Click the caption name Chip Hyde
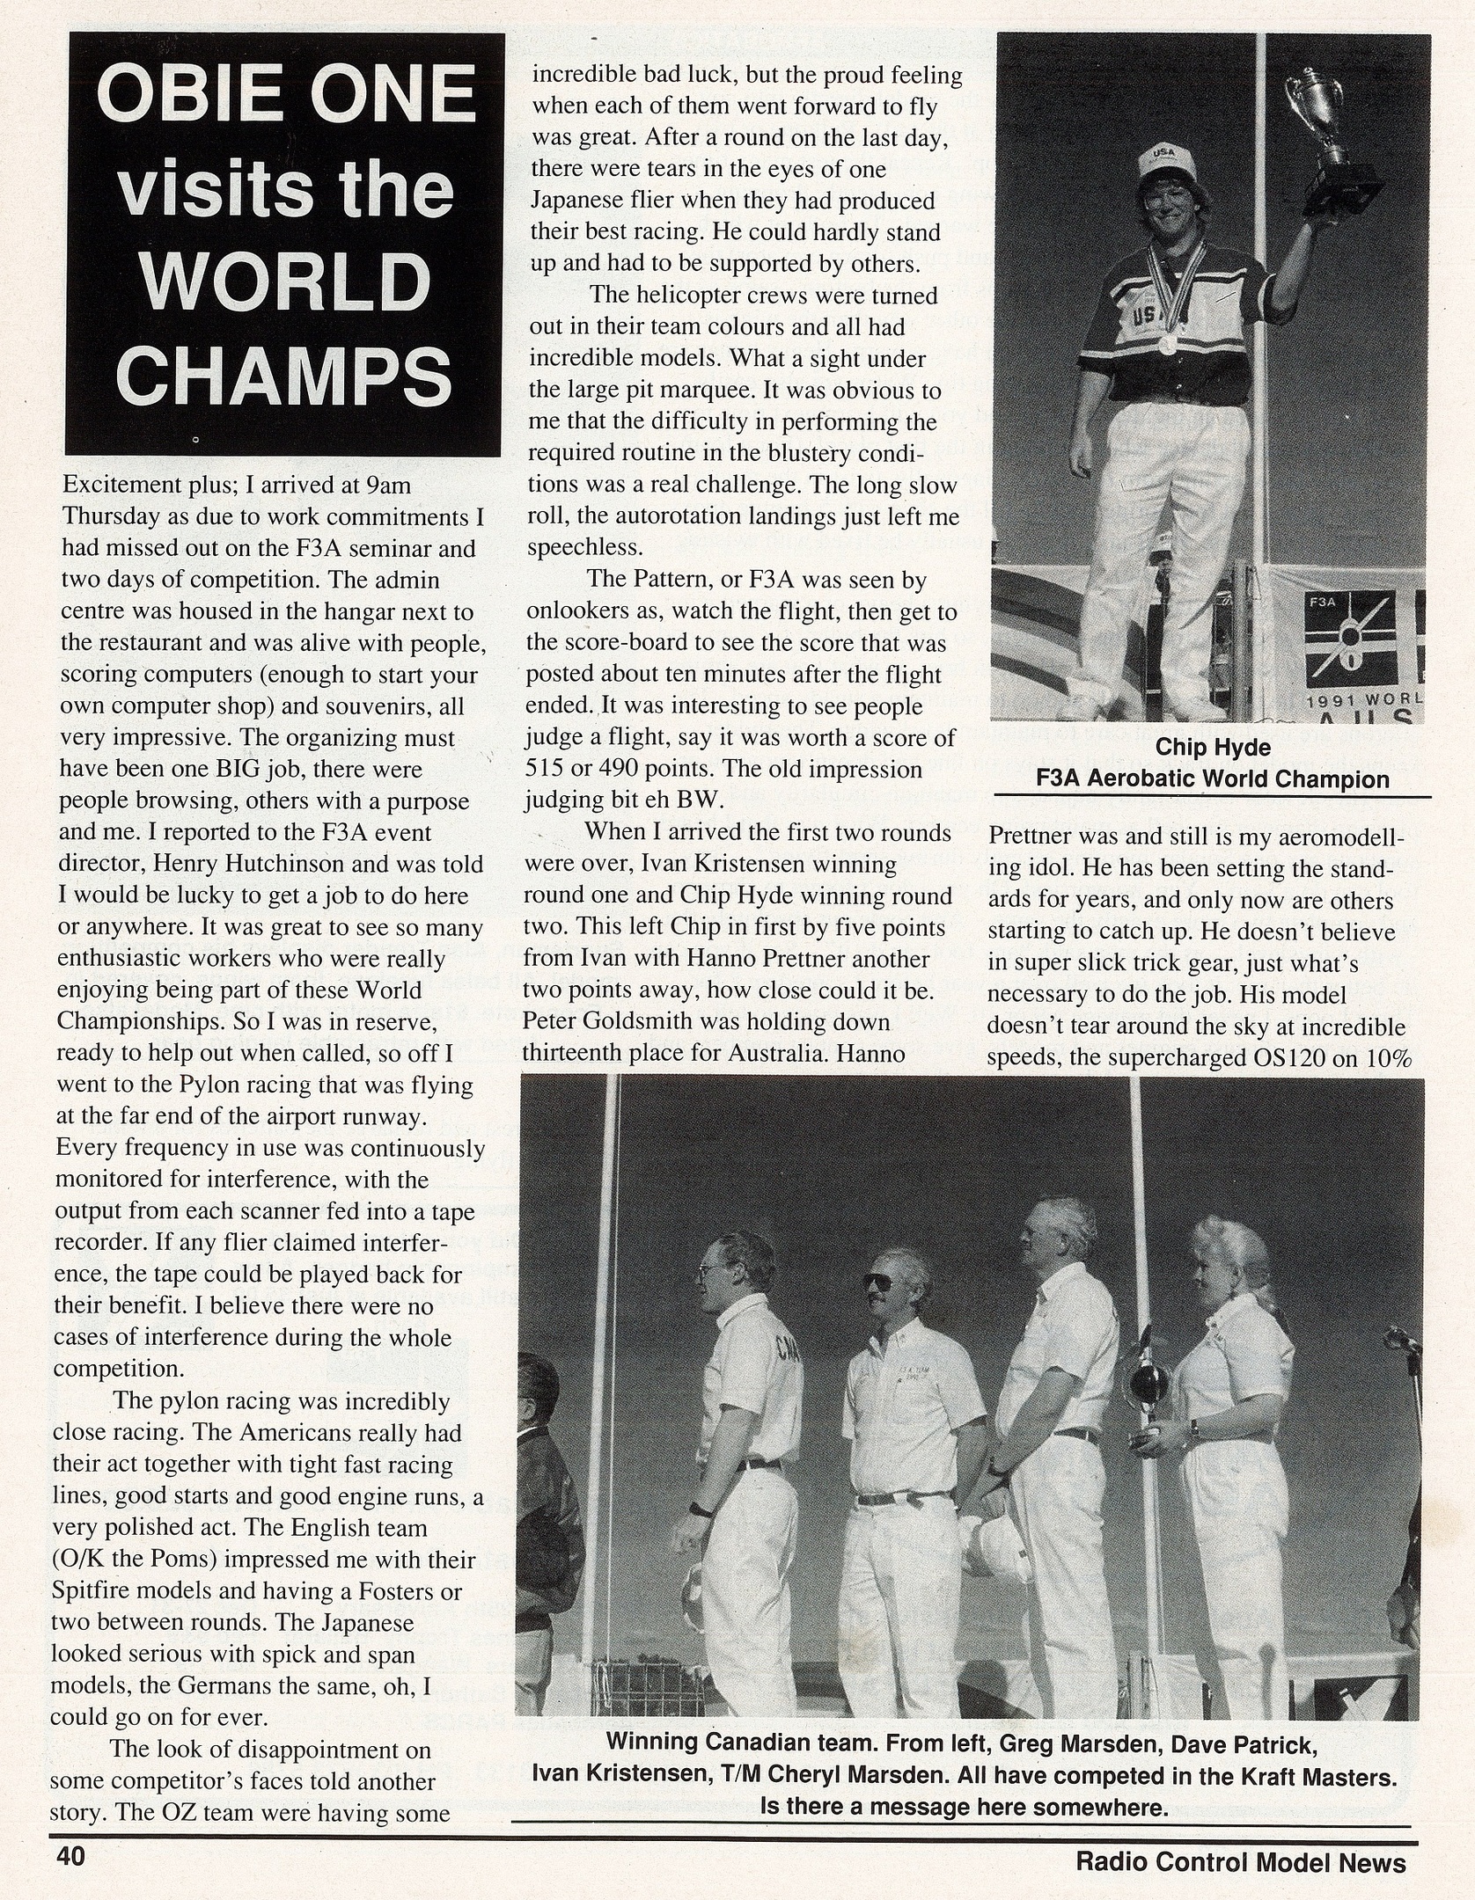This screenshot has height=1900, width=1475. (1213, 748)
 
